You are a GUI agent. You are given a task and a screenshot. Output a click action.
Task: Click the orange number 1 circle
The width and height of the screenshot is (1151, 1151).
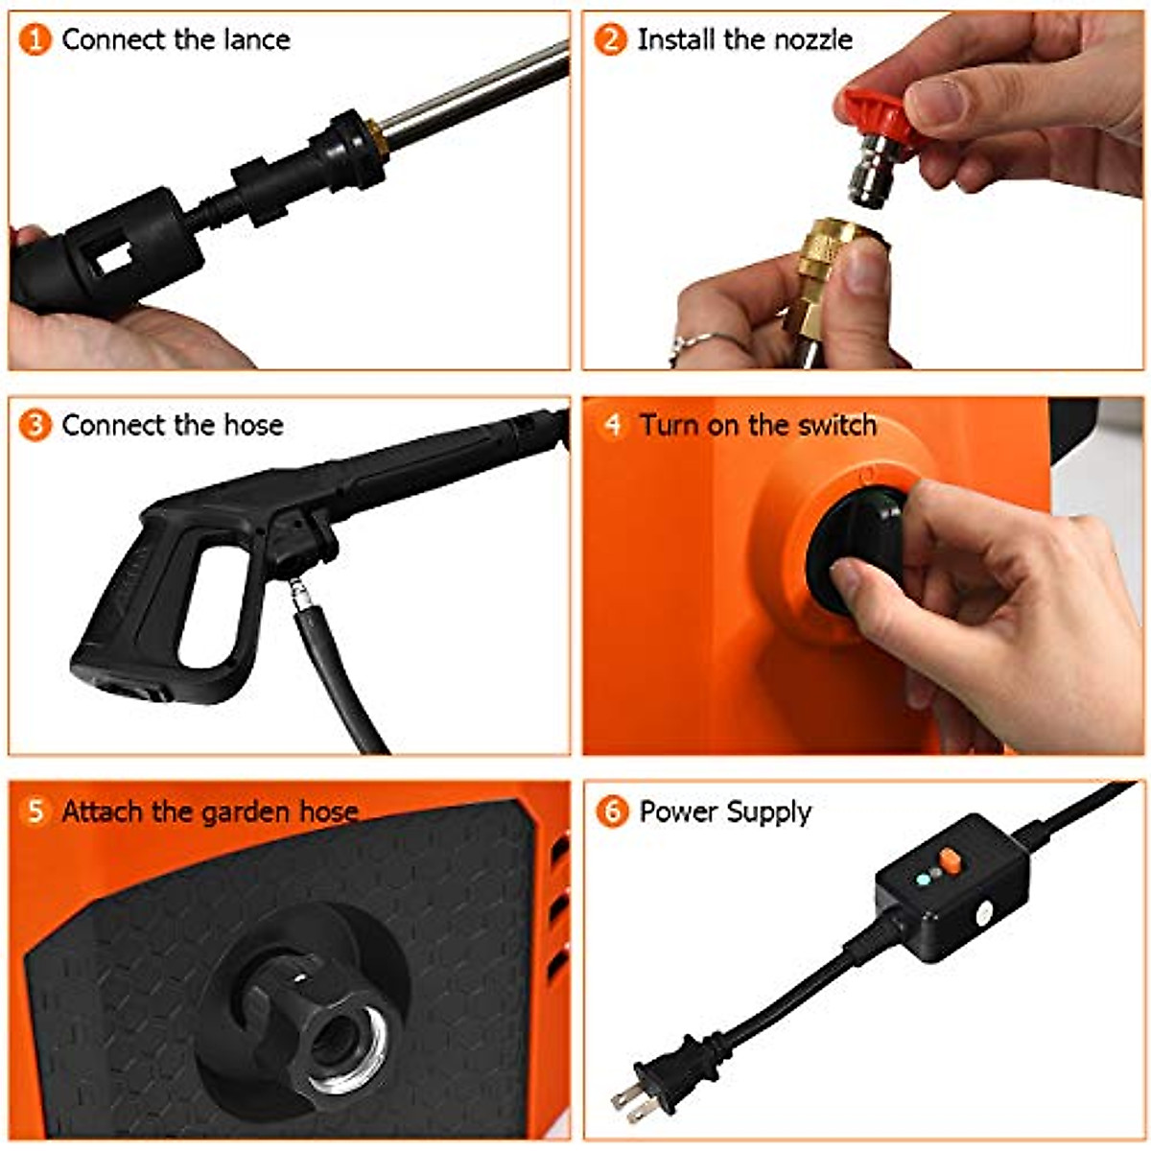coord(35,39)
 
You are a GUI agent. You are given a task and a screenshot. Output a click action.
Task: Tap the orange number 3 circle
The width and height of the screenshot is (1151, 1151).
coord(35,425)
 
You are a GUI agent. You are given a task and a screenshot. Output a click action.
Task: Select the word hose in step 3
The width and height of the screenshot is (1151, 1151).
coord(253,425)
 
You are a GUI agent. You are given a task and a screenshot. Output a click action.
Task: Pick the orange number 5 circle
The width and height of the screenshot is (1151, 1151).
coord(35,811)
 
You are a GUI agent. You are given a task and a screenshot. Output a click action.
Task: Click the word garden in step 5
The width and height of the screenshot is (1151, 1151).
coord(246,812)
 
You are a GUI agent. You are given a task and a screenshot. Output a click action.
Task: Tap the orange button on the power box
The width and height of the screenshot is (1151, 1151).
coord(950,860)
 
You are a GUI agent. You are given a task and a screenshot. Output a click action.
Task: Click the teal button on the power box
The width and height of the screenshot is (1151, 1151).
coord(923,879)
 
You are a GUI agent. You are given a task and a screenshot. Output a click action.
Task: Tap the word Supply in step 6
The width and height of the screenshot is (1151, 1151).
coord(767,812)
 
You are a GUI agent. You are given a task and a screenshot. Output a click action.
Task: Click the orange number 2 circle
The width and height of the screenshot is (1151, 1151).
coord(610,39)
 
